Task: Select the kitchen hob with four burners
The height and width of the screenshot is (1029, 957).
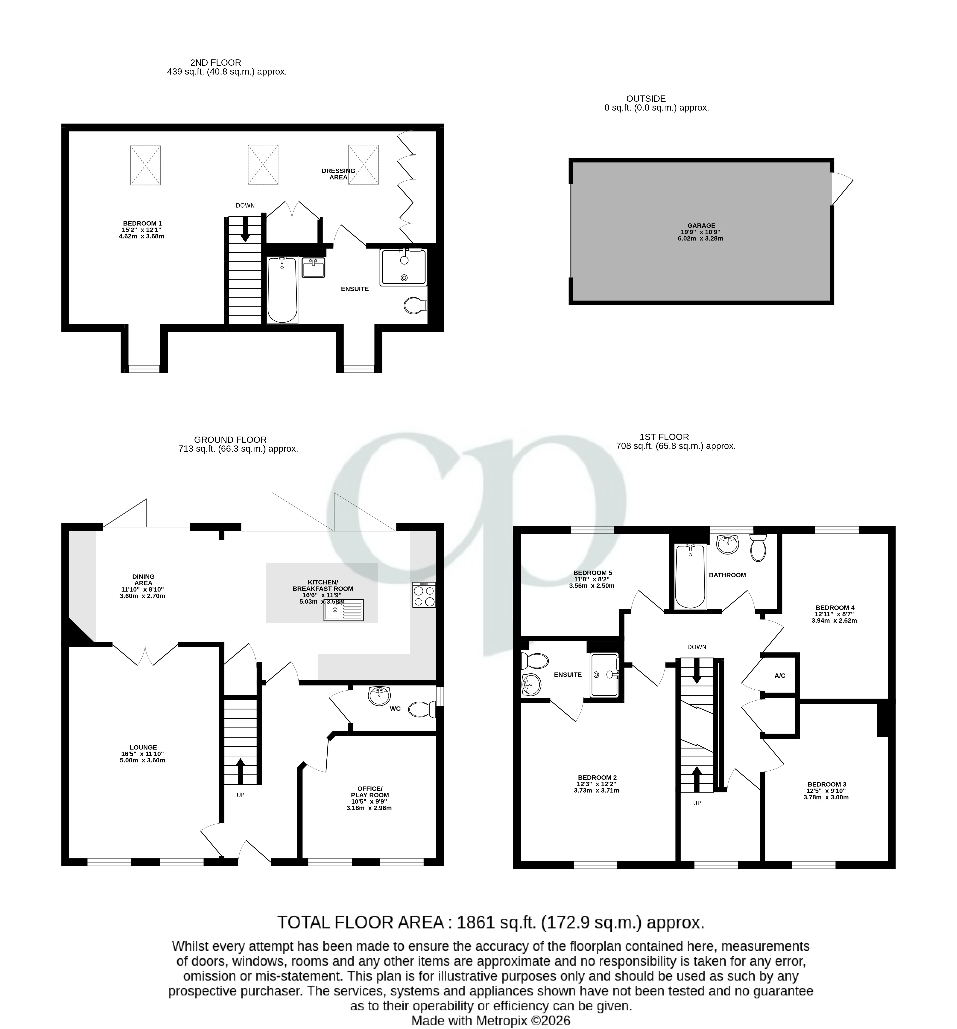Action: [424, 594]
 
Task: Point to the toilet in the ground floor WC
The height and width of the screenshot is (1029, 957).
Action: [422, 709]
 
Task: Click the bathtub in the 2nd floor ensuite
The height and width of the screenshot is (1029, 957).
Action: [282, 290]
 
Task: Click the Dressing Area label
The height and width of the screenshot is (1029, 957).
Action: [338, 174]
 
